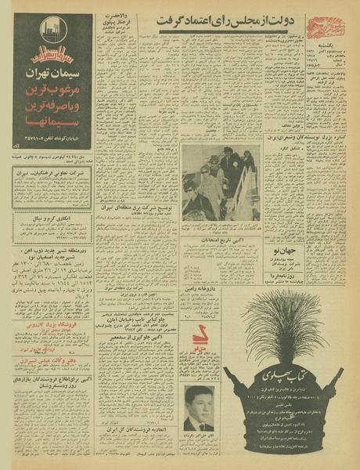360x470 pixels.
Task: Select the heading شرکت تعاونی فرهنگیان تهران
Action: coord(53,169)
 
